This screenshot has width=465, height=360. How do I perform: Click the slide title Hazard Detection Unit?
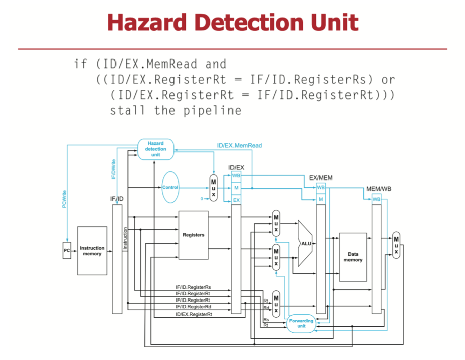pos(233,23)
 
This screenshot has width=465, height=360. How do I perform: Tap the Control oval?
pos(170,187)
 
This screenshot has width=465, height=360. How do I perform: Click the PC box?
pos(67,251)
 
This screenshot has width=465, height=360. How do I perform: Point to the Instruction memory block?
pos(92,251)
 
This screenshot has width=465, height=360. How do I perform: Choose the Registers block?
pos(193,235)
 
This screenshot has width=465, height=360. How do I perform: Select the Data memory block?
pos(353,257)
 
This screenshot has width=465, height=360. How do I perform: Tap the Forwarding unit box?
pos(301,323)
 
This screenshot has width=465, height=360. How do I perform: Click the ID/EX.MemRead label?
pos(240,145)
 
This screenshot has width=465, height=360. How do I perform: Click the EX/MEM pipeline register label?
pos(320,178)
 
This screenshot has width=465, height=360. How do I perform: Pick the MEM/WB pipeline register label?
pos(378,189)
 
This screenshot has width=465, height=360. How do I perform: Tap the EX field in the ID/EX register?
pos(236,200)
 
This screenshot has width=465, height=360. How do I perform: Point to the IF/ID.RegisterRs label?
pos(193,287)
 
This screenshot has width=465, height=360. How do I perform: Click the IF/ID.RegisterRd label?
pos(193,306)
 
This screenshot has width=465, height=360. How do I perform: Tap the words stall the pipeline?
pos(176,110)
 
